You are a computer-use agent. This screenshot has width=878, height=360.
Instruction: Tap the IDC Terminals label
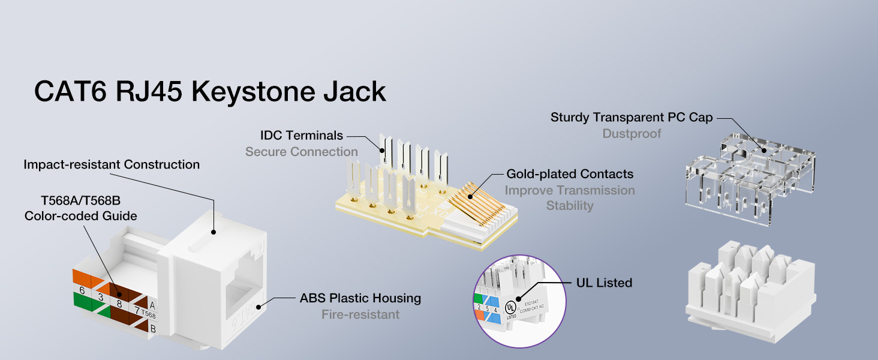pyautogui.click(x=302, y=136)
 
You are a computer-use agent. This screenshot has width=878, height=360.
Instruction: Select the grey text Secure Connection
pyautogui.click(x=302, y=152)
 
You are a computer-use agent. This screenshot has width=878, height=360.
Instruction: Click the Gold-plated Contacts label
pyautogui.click(x=570, y=174)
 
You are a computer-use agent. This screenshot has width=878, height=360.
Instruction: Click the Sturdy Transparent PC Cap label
pyautogui.click(x=632, y=117)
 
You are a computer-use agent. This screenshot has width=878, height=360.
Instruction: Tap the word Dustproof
pyautogui.click(x=632, y=133)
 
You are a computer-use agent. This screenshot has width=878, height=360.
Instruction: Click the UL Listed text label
pyautogui.click(x=604, y=282)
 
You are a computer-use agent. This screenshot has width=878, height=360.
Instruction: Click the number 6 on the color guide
pyautogui.click(x=82, y=290)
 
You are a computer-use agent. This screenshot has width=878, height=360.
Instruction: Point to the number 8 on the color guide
pyautogui.click(x=119, y=304)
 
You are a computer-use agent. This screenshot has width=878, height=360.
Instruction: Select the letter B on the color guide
pyautogui.click(x=153, y=328)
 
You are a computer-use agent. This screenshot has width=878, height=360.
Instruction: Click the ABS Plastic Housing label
pyautogui.click(x=360, y=298)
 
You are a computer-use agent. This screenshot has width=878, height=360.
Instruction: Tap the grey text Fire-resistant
pyautogui.click(x=360, y=314)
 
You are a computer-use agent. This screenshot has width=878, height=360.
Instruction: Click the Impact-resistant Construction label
pyautogui.click(x=112, y=164)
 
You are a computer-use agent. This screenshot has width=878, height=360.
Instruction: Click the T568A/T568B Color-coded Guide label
pyautogui.click(x=81, y=208)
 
